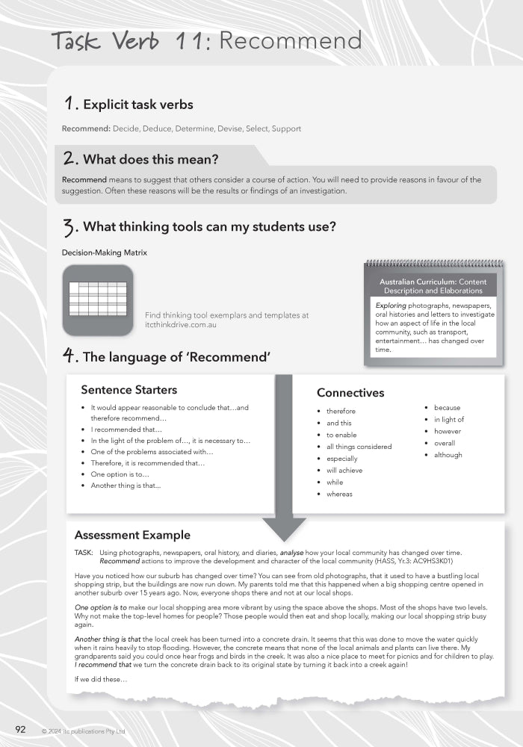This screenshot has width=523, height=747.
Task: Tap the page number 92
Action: click(x=22, y=729)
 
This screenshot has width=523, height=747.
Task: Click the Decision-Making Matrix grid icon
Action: click(x=98, y=299)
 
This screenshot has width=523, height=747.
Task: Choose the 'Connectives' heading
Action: click(x=350, y=392)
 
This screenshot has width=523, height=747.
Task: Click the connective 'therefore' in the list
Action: click(x=341, y=411)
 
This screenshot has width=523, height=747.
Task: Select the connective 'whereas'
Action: click(x=339, y=494)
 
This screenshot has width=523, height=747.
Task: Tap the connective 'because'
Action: click(x=447, y=408)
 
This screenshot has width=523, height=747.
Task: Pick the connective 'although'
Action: click(x=448, y=455)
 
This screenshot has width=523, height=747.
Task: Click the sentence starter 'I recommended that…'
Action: click(x=126, y=430)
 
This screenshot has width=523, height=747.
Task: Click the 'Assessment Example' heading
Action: click(x=132, y=535)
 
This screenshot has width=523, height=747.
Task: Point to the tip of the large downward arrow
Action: click(x=284, y=539)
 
